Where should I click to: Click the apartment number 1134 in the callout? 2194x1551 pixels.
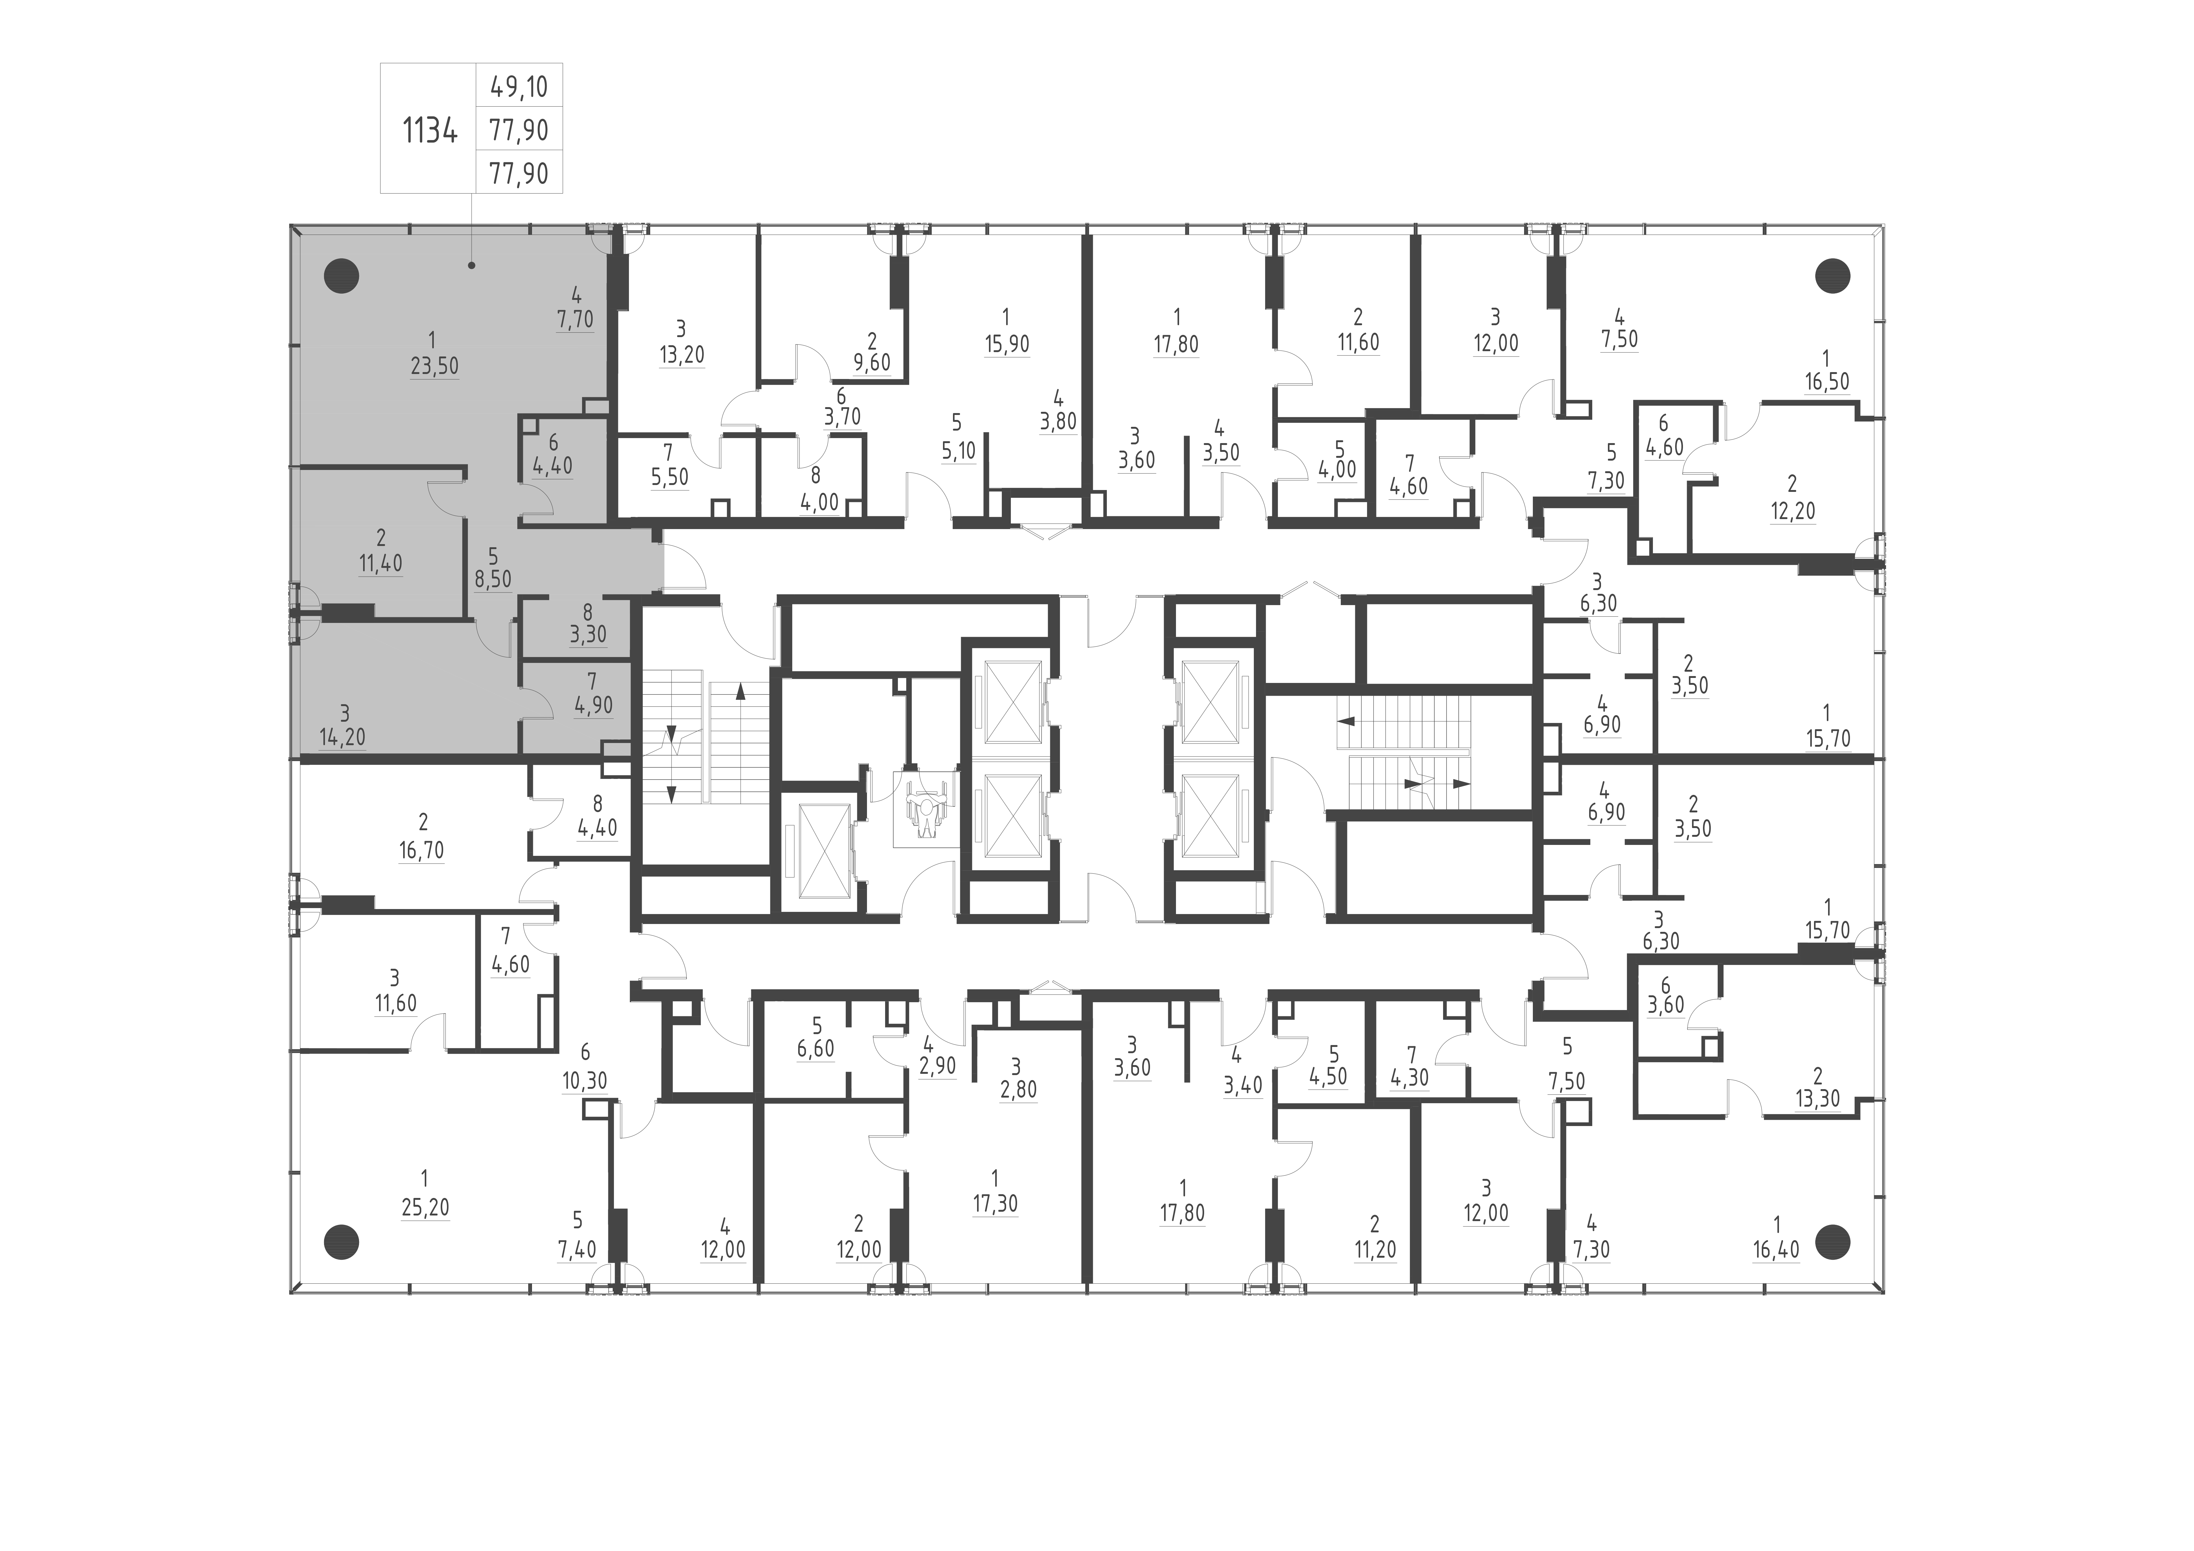pyautogui.click(x=430, y=129)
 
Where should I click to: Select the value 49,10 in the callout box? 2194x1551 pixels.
pyautogui.click(x=519, y=87)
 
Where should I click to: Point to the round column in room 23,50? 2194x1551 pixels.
pyautogui.click(x=341, y=276)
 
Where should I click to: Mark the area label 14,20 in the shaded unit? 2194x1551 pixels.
pyautogui.click(x=342, y=738)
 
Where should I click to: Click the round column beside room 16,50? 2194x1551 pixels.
pyautogui.click(x=1832, y=276)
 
